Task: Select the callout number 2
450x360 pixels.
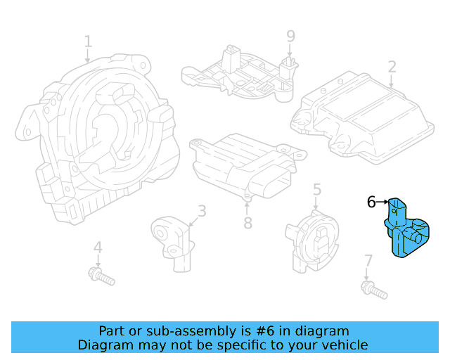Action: coord(392,67)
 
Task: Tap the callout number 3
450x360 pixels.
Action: coord(202,210)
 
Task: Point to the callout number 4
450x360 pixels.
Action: coord(98,247)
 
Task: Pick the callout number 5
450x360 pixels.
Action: coord(317,188)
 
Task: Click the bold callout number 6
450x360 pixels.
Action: coord(371,202)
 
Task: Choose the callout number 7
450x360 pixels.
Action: coord(368,262)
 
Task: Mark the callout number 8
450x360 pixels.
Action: coord(247,224)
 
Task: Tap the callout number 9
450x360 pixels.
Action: coord(290,36)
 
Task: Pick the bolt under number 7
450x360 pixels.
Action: coord(373,289)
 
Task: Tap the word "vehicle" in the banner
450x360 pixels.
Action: coord(344,345)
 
